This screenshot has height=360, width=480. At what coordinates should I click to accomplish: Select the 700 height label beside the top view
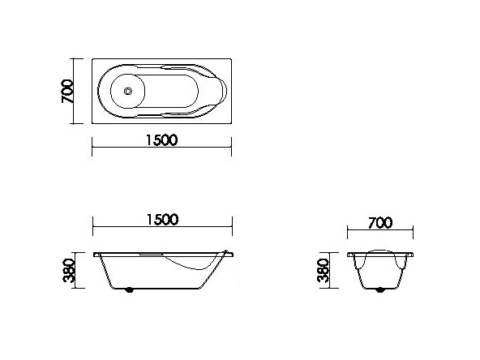tap(68, 92)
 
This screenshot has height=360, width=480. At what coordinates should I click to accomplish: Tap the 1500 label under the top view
tap(161, 139)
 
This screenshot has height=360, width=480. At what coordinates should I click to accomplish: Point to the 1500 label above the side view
tap(161, 220)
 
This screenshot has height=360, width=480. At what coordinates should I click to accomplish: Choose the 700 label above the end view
tap(380, 222)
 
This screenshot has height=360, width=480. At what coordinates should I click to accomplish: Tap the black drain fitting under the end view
tap(380, 289)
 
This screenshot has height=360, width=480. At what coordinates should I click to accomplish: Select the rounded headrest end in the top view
tap(212, 92)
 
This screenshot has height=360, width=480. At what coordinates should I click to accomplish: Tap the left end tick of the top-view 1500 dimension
tap(91, 148)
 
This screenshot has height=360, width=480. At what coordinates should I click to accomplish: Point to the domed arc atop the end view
tap(380, 247)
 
